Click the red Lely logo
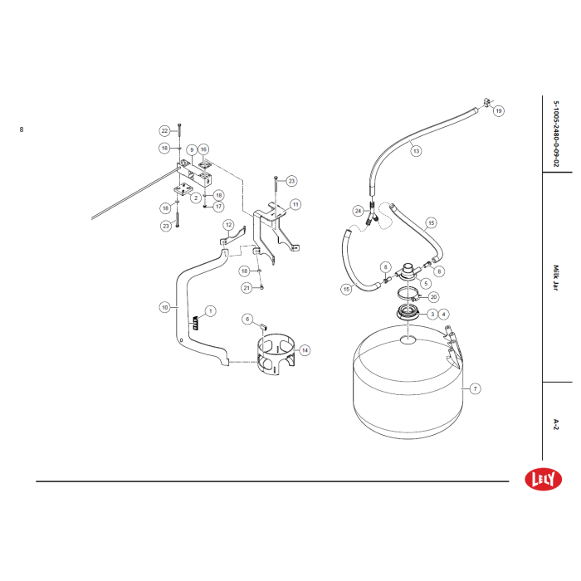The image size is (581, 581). pyautogui.click(x=543, y=479)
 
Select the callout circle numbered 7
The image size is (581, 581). pyautogui.click(x=475, y=388)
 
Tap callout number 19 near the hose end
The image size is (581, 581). pyautogui.click(x=498, y=110)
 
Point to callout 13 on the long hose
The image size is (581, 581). pyautogui.click(x=416, y=151)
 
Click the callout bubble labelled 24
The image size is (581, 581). pyautogui.click(x=358, y=211)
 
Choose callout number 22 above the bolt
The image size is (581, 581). pyautogui.click(x=165, y=131)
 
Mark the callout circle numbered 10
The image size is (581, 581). pyautogui.click(x=165, y=307)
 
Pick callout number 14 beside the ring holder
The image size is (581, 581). pyautogui.click(x=305, y=350)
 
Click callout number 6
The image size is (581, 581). pyautogui.click(x=247, y=319)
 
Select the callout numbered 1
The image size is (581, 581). pyautogui.click(x=211, y=311)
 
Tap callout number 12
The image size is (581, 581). pyautogui.click(x=228, y=225)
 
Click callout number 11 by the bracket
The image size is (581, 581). pyautogui.click(x=295, y=204)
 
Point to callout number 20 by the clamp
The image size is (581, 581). pyautogui.click(x=433, y=297)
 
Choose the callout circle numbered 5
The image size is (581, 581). pyautogui.click(x=426, y=284)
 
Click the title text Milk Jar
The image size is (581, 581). pyautogui.click(x=556, y=277)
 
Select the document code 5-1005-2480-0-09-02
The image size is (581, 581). pyautogui.click(x=556, y=134)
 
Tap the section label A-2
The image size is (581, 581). pyautogui.click(x=556, y=424)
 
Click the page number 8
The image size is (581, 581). pyautogui.click(x=22, y=129)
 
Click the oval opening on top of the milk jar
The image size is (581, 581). pyautogui.click(x=408, y=339)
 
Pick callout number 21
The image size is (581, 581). pyautogui.click(x=247, y=288)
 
